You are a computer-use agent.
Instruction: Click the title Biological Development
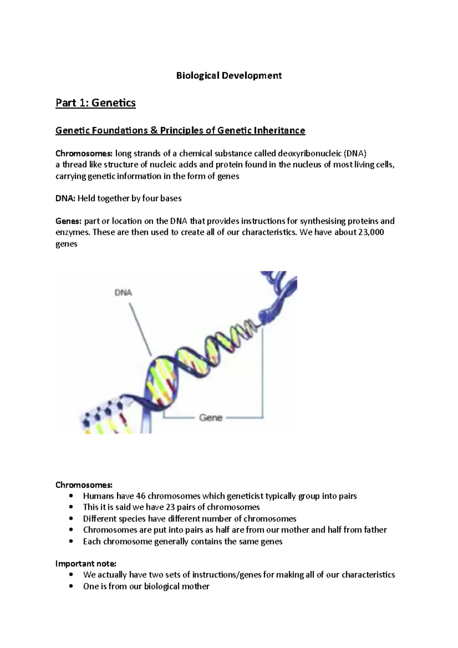[x=229, y=76]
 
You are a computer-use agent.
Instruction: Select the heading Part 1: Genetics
[x=95, y=103]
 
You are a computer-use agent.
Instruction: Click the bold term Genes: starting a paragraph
[x=69, y=221]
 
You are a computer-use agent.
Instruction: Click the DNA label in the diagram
[x=123, y=293]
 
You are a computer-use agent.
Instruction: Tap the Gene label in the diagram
[x=211, y=417]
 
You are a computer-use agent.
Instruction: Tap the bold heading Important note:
[x=86, y=564]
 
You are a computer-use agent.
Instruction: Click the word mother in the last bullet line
[x=197, y=586]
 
